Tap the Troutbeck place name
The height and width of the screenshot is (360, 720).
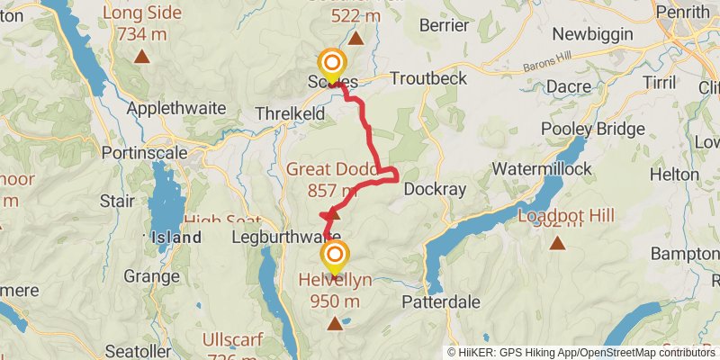click(x=427, y=79)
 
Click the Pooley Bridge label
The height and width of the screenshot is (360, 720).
click(x=595, y=129)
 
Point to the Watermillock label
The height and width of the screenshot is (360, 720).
click(x=542, y=168)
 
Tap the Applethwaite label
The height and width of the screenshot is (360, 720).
click(x=174, y=107)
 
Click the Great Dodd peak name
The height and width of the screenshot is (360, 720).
click(x=321, y=169)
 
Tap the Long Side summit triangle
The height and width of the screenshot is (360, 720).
click(x=141, y=58)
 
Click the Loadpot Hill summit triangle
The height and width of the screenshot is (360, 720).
click(x=557, y=243)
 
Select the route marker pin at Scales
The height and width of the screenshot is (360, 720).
click(x=332, y=65)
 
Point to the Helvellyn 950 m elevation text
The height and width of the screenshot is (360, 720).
click(x=335, y=301)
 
